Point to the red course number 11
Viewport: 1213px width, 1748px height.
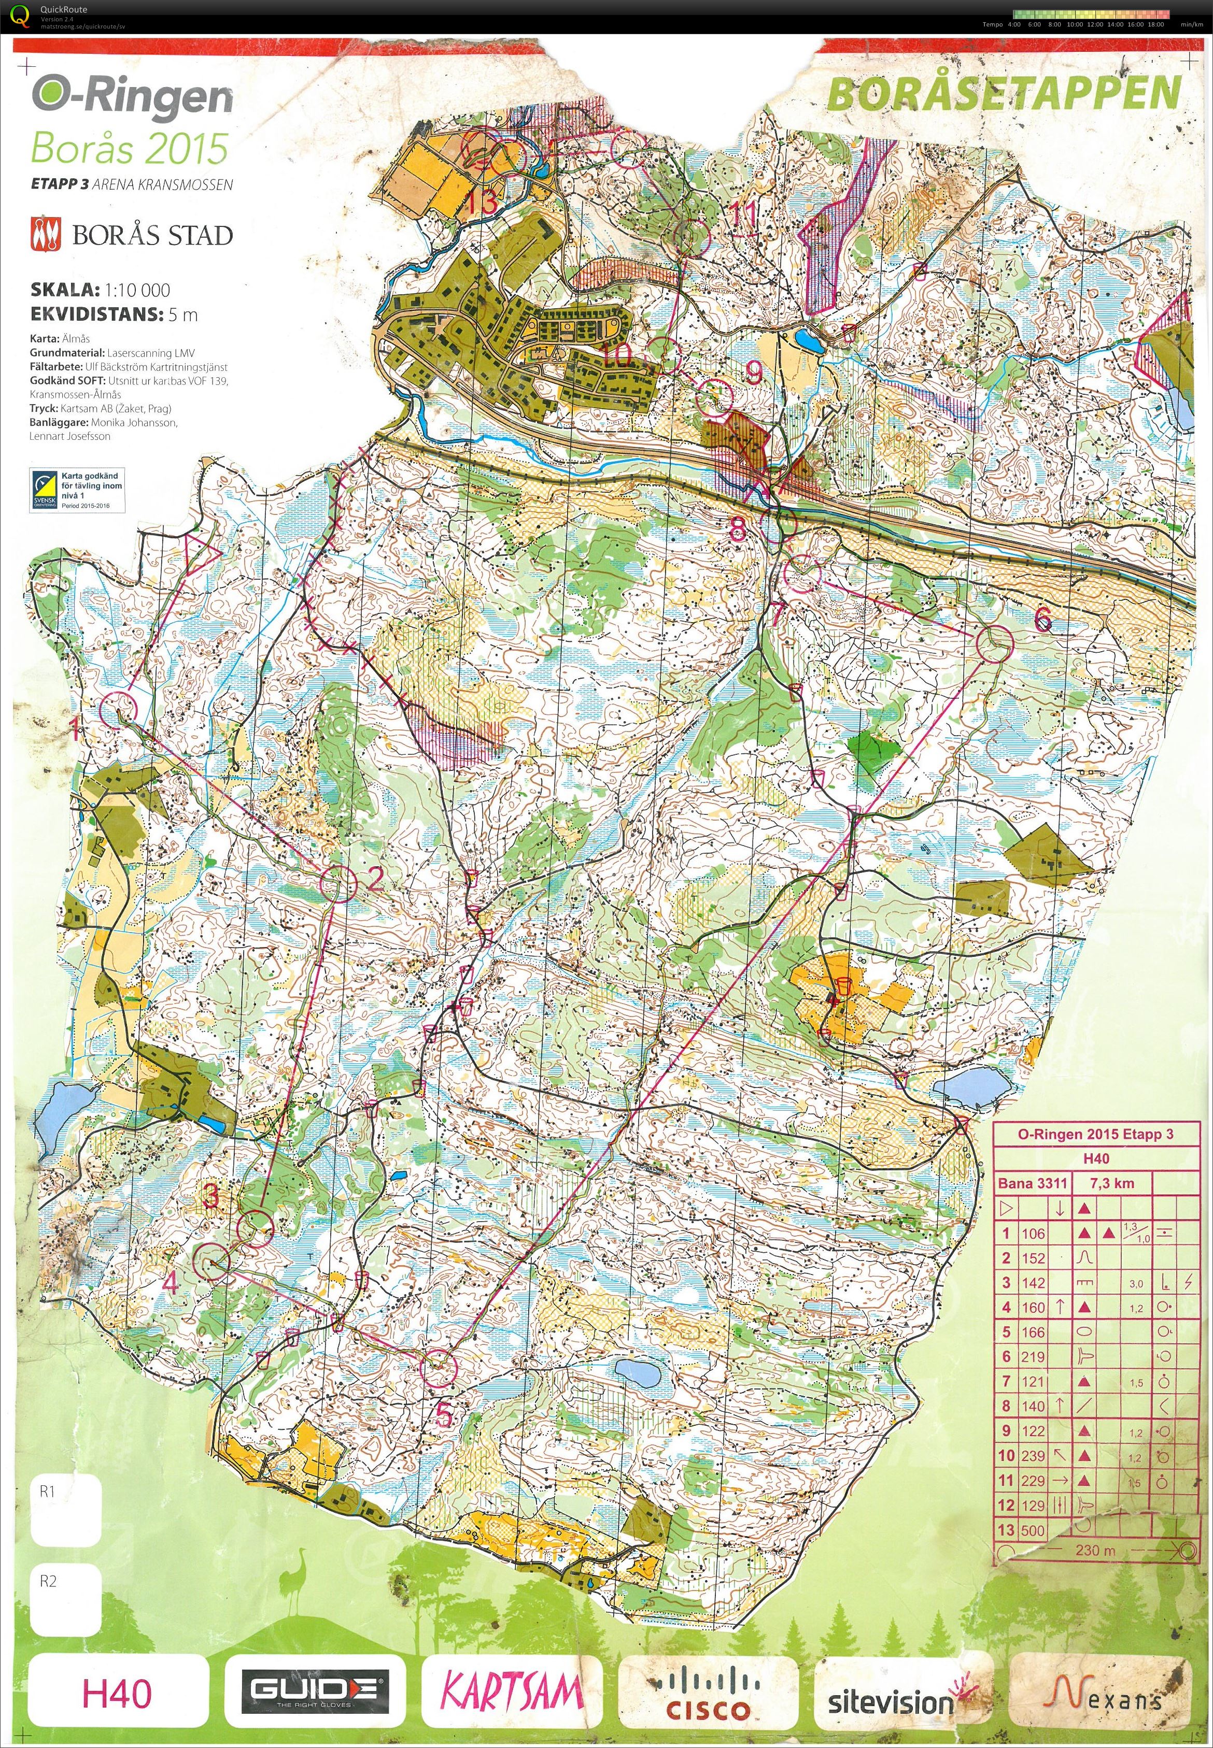tap(743, 213)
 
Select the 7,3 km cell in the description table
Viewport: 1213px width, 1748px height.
tap(1112, 1183)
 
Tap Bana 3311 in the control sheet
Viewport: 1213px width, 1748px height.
tap(1032, 1183)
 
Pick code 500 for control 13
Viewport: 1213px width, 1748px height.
tap(1033, 1530)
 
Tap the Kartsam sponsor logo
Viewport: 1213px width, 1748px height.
tap(512, 1691)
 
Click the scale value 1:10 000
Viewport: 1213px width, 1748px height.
tap(137, 290)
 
